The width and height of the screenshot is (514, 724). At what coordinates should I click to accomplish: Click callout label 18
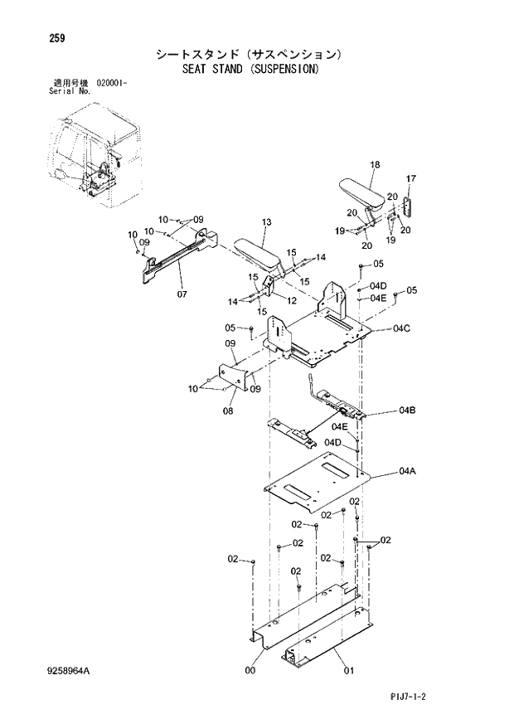click(374, 165)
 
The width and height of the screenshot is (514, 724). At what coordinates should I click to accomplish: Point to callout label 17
click(410, 179)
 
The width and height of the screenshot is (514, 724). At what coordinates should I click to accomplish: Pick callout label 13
click(266, 222)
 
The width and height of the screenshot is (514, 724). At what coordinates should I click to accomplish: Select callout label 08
click(228, 409)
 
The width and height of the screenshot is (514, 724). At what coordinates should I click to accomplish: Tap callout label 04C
click(402, 329)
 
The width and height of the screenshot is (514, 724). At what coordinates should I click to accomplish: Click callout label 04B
click(406, 411)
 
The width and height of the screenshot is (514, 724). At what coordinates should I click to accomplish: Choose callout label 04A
click(406, 471)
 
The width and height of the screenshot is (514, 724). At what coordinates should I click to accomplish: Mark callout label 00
click(250, 671)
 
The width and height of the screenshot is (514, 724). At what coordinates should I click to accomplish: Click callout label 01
click(349, 671)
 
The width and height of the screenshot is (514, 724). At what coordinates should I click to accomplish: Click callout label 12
click(291, 300)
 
